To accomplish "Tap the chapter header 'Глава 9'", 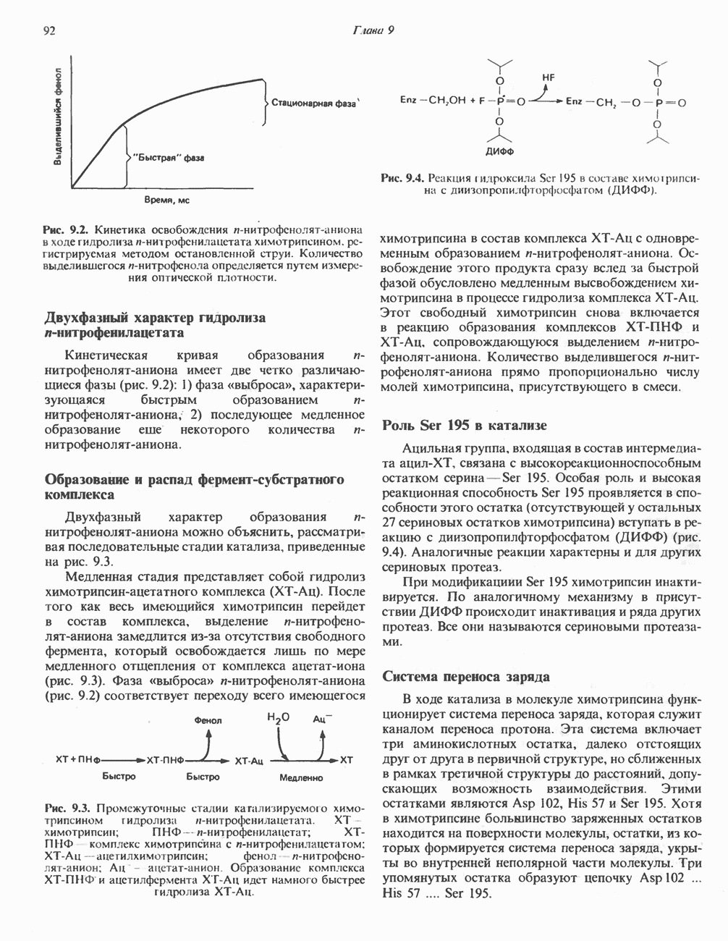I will (372, 30).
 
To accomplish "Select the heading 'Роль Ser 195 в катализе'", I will (464, 425).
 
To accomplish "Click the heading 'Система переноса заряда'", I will (465, 677).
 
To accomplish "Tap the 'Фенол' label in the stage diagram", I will (208, 720).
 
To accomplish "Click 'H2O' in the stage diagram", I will (278, 719).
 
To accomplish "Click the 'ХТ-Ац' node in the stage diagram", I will (250, 761).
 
